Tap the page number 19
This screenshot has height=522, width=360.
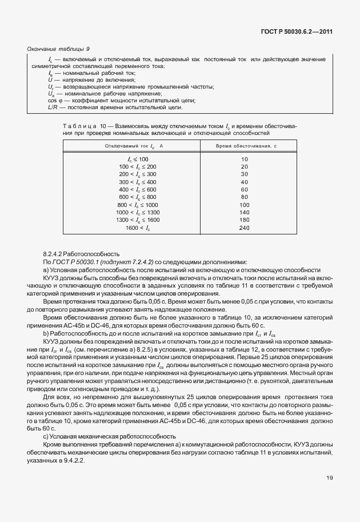pos(330,494)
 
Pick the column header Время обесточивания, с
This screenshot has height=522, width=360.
pos(244,146)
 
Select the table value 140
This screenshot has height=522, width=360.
pos(245,212)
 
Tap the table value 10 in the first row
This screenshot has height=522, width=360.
pos(245,158)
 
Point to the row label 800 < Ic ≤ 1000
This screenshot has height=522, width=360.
pos(137,204)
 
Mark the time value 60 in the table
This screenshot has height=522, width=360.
pos(245,189)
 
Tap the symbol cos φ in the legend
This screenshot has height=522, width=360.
pos(55,100)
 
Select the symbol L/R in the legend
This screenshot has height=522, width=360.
pos(54,107)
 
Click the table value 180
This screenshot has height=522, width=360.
pos(245,220)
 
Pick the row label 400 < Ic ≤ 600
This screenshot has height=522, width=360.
pos(137,189)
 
